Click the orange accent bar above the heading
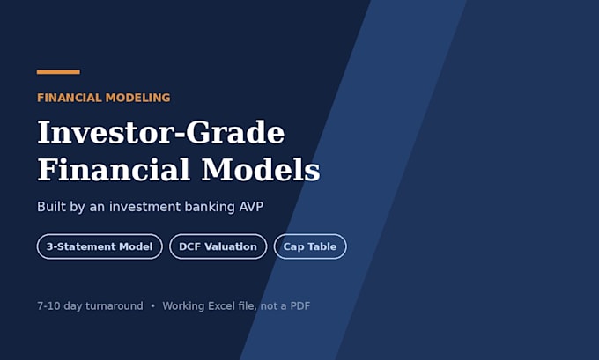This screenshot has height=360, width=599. tap(58, 72)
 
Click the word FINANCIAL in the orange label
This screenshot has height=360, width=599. tap(69, 98)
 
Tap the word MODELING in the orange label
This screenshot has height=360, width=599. tap(138, 98)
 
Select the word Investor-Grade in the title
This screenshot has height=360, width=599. tap(161, 133)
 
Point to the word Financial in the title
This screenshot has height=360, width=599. tap(114, 170)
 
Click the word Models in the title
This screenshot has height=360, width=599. tap(261, 170)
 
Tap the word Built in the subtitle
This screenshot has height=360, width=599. tap(52, 207)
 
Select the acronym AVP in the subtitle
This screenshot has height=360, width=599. tap(251, 207)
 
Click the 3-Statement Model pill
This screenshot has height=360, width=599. tap(100, 246)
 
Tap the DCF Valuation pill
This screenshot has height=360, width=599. tap(218, 246)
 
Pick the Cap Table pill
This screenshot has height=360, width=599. tap(310, 246)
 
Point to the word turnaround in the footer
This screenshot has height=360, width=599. tap(115, 306)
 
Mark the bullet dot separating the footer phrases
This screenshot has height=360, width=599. tap(153, 306)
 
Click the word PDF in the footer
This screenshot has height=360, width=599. tap(300, 306)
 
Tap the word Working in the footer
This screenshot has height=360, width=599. tap(183, 306)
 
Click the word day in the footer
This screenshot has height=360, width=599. tap(73, 306)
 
